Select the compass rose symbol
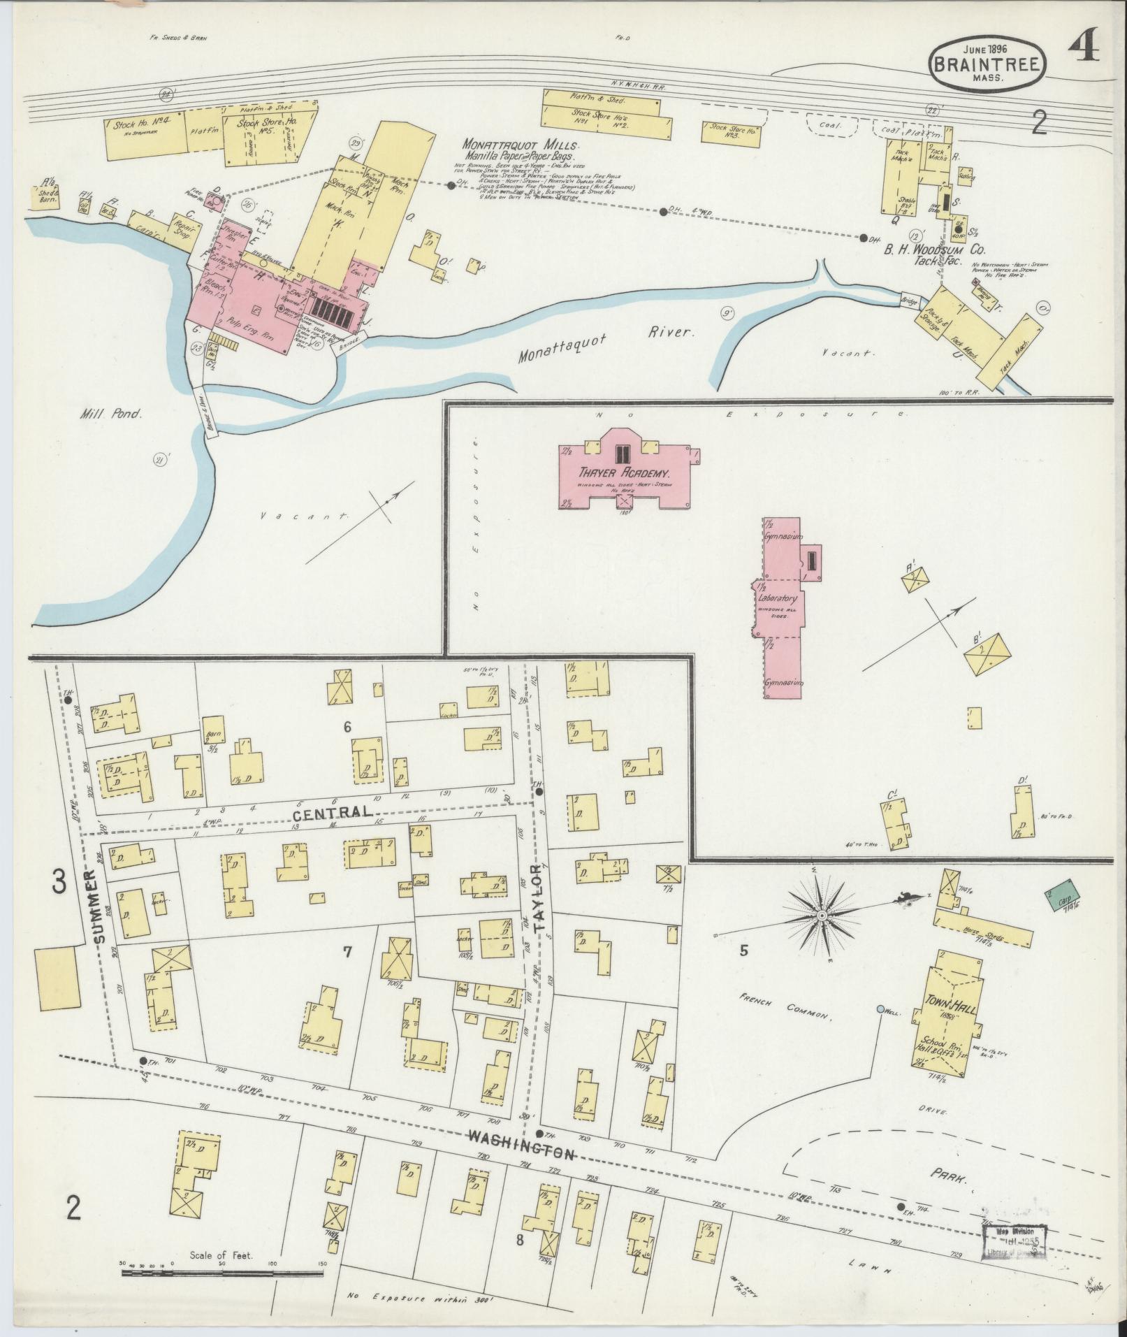[822, 915]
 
